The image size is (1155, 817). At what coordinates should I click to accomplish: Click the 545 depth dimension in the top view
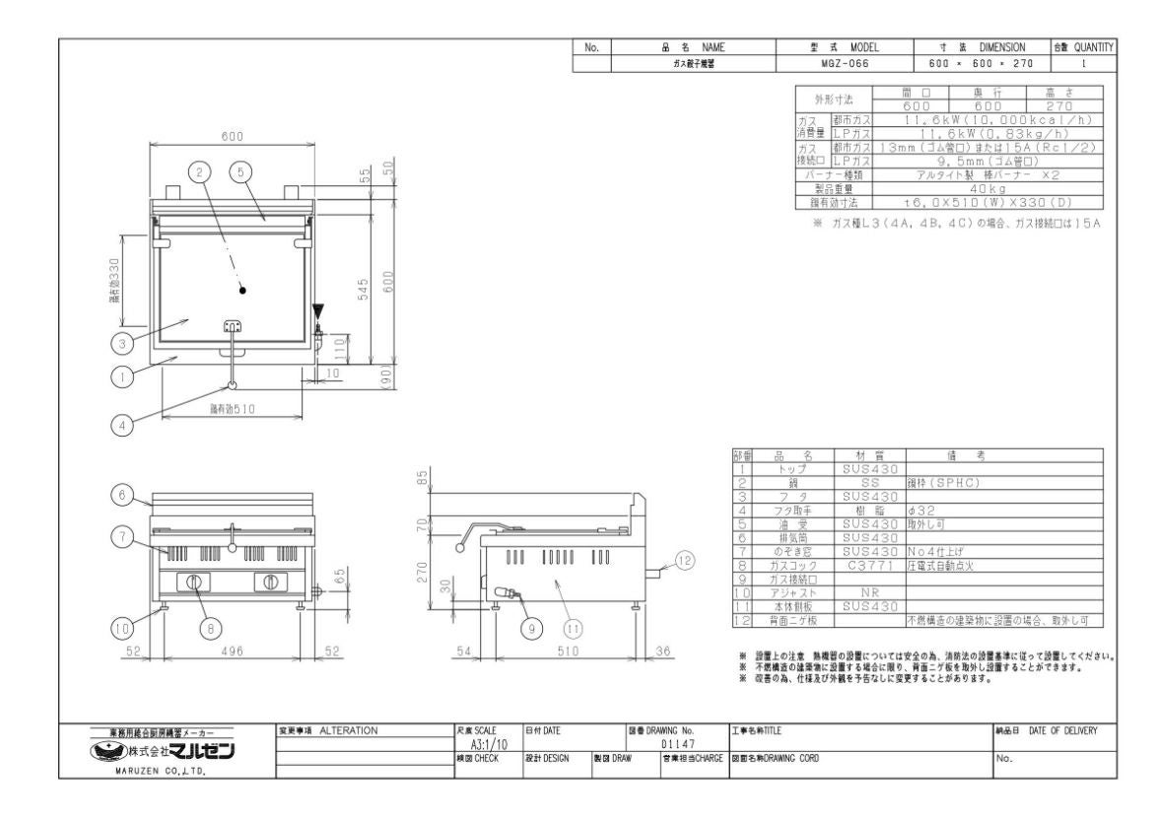point(363,289)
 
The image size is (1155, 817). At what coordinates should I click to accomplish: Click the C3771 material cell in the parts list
point(868,568)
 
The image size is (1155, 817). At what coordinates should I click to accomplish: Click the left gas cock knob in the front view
point(194,581)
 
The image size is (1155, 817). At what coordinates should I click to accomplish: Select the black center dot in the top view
point(242,291)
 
